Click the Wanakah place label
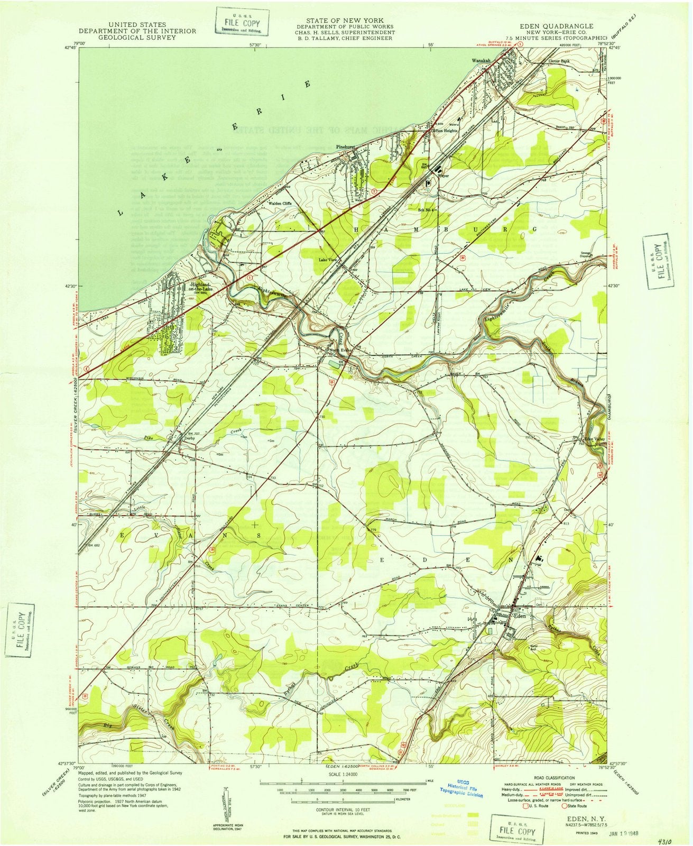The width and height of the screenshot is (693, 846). (x=481, y=61)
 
